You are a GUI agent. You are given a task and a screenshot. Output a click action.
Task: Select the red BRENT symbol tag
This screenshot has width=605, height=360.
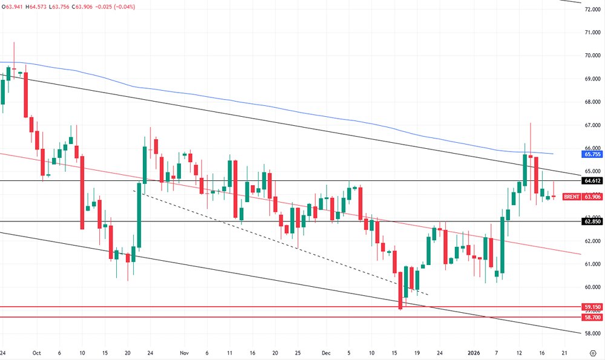(x=572, y=197)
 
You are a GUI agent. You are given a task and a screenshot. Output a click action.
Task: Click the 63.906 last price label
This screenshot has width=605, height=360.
(x=592, y=197)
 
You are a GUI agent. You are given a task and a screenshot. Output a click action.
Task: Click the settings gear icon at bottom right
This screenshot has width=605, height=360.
(x=592, y=352)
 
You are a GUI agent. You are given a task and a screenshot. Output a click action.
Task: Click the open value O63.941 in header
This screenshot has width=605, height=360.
(x=14, y=7)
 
